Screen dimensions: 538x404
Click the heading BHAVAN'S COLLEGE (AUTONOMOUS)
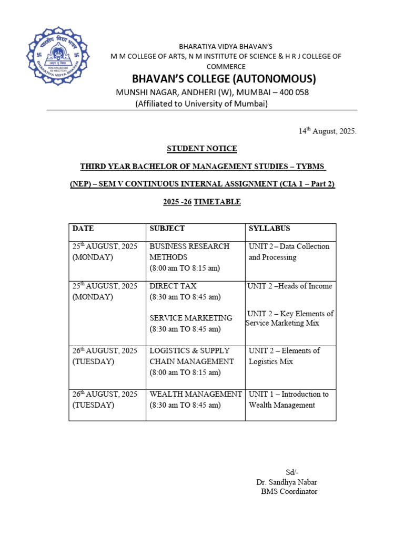(x=224, y=79)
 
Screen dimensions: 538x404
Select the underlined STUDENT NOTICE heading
(x=202, y=149)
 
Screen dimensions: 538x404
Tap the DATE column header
(x=83, y=229)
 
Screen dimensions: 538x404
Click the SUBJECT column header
(x=167, y=229)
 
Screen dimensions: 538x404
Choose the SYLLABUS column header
(x=269, y=229)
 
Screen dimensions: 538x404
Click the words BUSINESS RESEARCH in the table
(x=189, y=246)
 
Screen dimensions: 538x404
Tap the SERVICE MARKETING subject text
(x=190, y=318)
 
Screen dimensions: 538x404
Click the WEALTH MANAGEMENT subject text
(x=196, y=394)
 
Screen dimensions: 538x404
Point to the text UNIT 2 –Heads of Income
(x=290, y=286)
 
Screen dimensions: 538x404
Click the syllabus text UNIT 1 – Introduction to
(x=288, y=394)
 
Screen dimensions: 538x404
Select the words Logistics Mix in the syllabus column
(x=270, y=361)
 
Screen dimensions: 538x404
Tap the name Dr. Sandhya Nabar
(x=287, y=482)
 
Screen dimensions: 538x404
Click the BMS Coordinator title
(x=289, y=492)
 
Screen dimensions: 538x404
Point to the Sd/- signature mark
(x=292, y=472)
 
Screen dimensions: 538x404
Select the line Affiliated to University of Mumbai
(x=202, y=104)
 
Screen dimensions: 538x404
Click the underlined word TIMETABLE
(x=217, y=202)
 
